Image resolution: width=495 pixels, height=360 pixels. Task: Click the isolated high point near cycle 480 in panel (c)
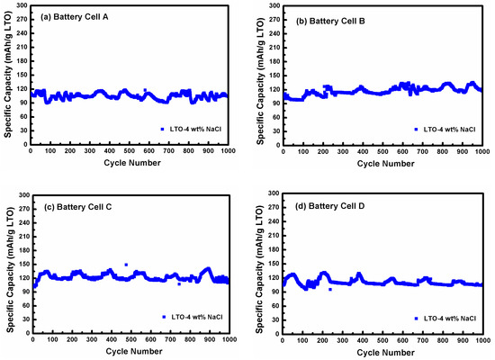tap(126, 265)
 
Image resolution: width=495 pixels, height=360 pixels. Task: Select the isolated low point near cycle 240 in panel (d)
tap(330, 289)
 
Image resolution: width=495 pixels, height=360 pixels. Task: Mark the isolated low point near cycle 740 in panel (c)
tap(178, 283)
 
